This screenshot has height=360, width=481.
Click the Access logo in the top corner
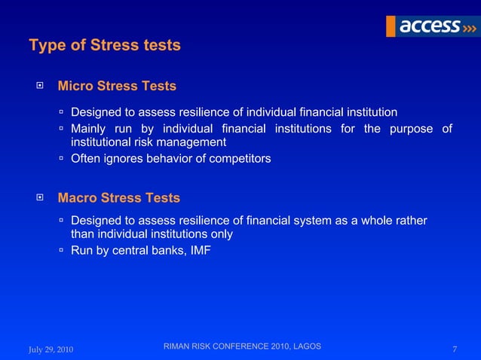coord(431,26)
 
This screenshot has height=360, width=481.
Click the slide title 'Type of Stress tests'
coord(105,45)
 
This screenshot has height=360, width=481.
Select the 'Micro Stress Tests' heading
coord(117,86)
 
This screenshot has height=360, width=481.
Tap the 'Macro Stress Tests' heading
coord(119,198)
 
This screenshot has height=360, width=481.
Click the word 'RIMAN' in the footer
coord(178,346)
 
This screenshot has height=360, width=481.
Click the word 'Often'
coord(84,159)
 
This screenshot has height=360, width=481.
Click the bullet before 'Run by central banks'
coord(63,251)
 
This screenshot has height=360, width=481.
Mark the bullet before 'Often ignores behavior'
coord(63,159)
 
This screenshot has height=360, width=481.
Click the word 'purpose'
coord(411,128)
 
